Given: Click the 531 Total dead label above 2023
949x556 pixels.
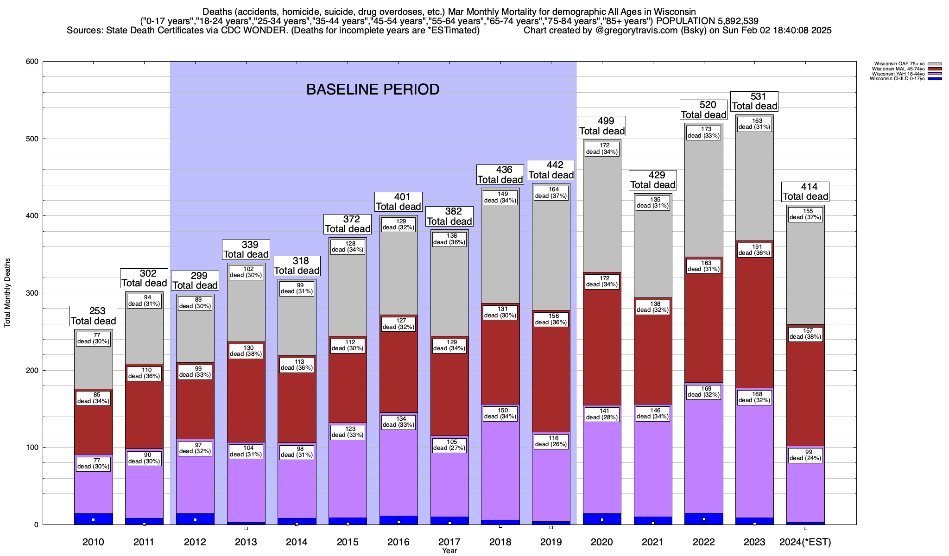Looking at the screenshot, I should (x=754, y=101).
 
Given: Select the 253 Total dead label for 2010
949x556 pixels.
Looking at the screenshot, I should (x=93, y=316).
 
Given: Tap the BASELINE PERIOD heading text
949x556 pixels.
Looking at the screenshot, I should (x=373, y=89).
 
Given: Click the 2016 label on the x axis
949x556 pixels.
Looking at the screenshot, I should (x=399, y=542).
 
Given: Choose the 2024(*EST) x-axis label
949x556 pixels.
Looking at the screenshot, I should (x=805, y=542).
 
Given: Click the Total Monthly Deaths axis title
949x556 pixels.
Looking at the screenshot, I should (x=7, y=293).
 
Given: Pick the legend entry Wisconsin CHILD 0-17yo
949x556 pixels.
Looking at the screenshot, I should (x=898, y=79).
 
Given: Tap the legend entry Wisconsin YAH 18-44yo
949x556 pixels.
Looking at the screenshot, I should (x=899, y=74).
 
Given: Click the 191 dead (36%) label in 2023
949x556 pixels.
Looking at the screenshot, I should (x=754, y=250).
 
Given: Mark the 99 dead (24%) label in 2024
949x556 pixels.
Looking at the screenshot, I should (x=805, y=455).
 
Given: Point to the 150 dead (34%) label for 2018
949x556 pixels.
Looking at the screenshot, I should (x=500, y=413).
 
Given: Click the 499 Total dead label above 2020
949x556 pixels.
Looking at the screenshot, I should (x=602, y=126).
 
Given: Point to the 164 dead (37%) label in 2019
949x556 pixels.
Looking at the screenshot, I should (x=551, y=192).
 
